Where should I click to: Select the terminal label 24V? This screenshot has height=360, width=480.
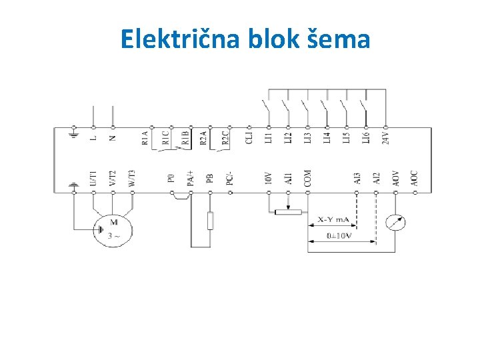click(385, 137)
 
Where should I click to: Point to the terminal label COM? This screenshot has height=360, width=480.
click(307, 177)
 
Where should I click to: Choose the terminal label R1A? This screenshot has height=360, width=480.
click(146, 137)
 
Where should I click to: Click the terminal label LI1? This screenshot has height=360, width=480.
click(269, 137)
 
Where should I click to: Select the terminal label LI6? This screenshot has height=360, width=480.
click(365, 137)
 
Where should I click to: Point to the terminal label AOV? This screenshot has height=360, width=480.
click(396, 177)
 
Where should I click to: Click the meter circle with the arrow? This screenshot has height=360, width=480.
click(396, 223)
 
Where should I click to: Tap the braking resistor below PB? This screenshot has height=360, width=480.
click(210, 220)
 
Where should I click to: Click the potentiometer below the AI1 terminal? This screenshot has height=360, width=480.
click(288, 212)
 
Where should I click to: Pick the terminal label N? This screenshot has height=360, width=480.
click(112, 137)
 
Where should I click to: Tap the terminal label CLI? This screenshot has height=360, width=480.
click(249, 137)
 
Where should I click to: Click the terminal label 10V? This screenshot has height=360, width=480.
click(269, 177)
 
